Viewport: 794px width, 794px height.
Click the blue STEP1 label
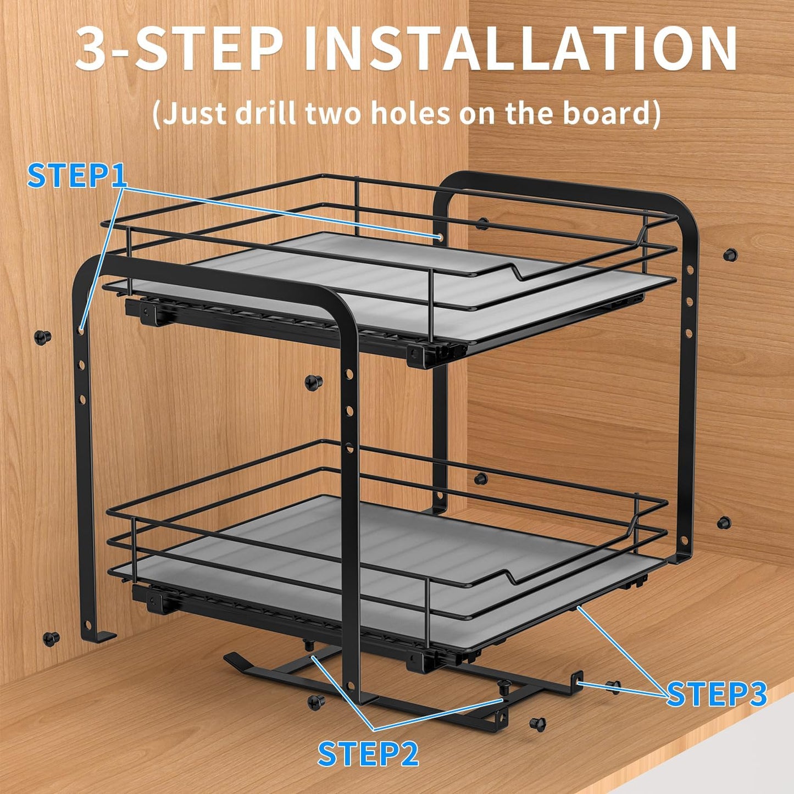77,175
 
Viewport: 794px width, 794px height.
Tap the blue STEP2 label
368,753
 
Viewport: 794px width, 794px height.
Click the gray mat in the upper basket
385,286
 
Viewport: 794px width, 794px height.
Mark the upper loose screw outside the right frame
730,254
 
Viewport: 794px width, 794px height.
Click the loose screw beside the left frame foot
51,638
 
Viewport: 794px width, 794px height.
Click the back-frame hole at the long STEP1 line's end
441,237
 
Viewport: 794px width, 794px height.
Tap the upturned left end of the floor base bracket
234,658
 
